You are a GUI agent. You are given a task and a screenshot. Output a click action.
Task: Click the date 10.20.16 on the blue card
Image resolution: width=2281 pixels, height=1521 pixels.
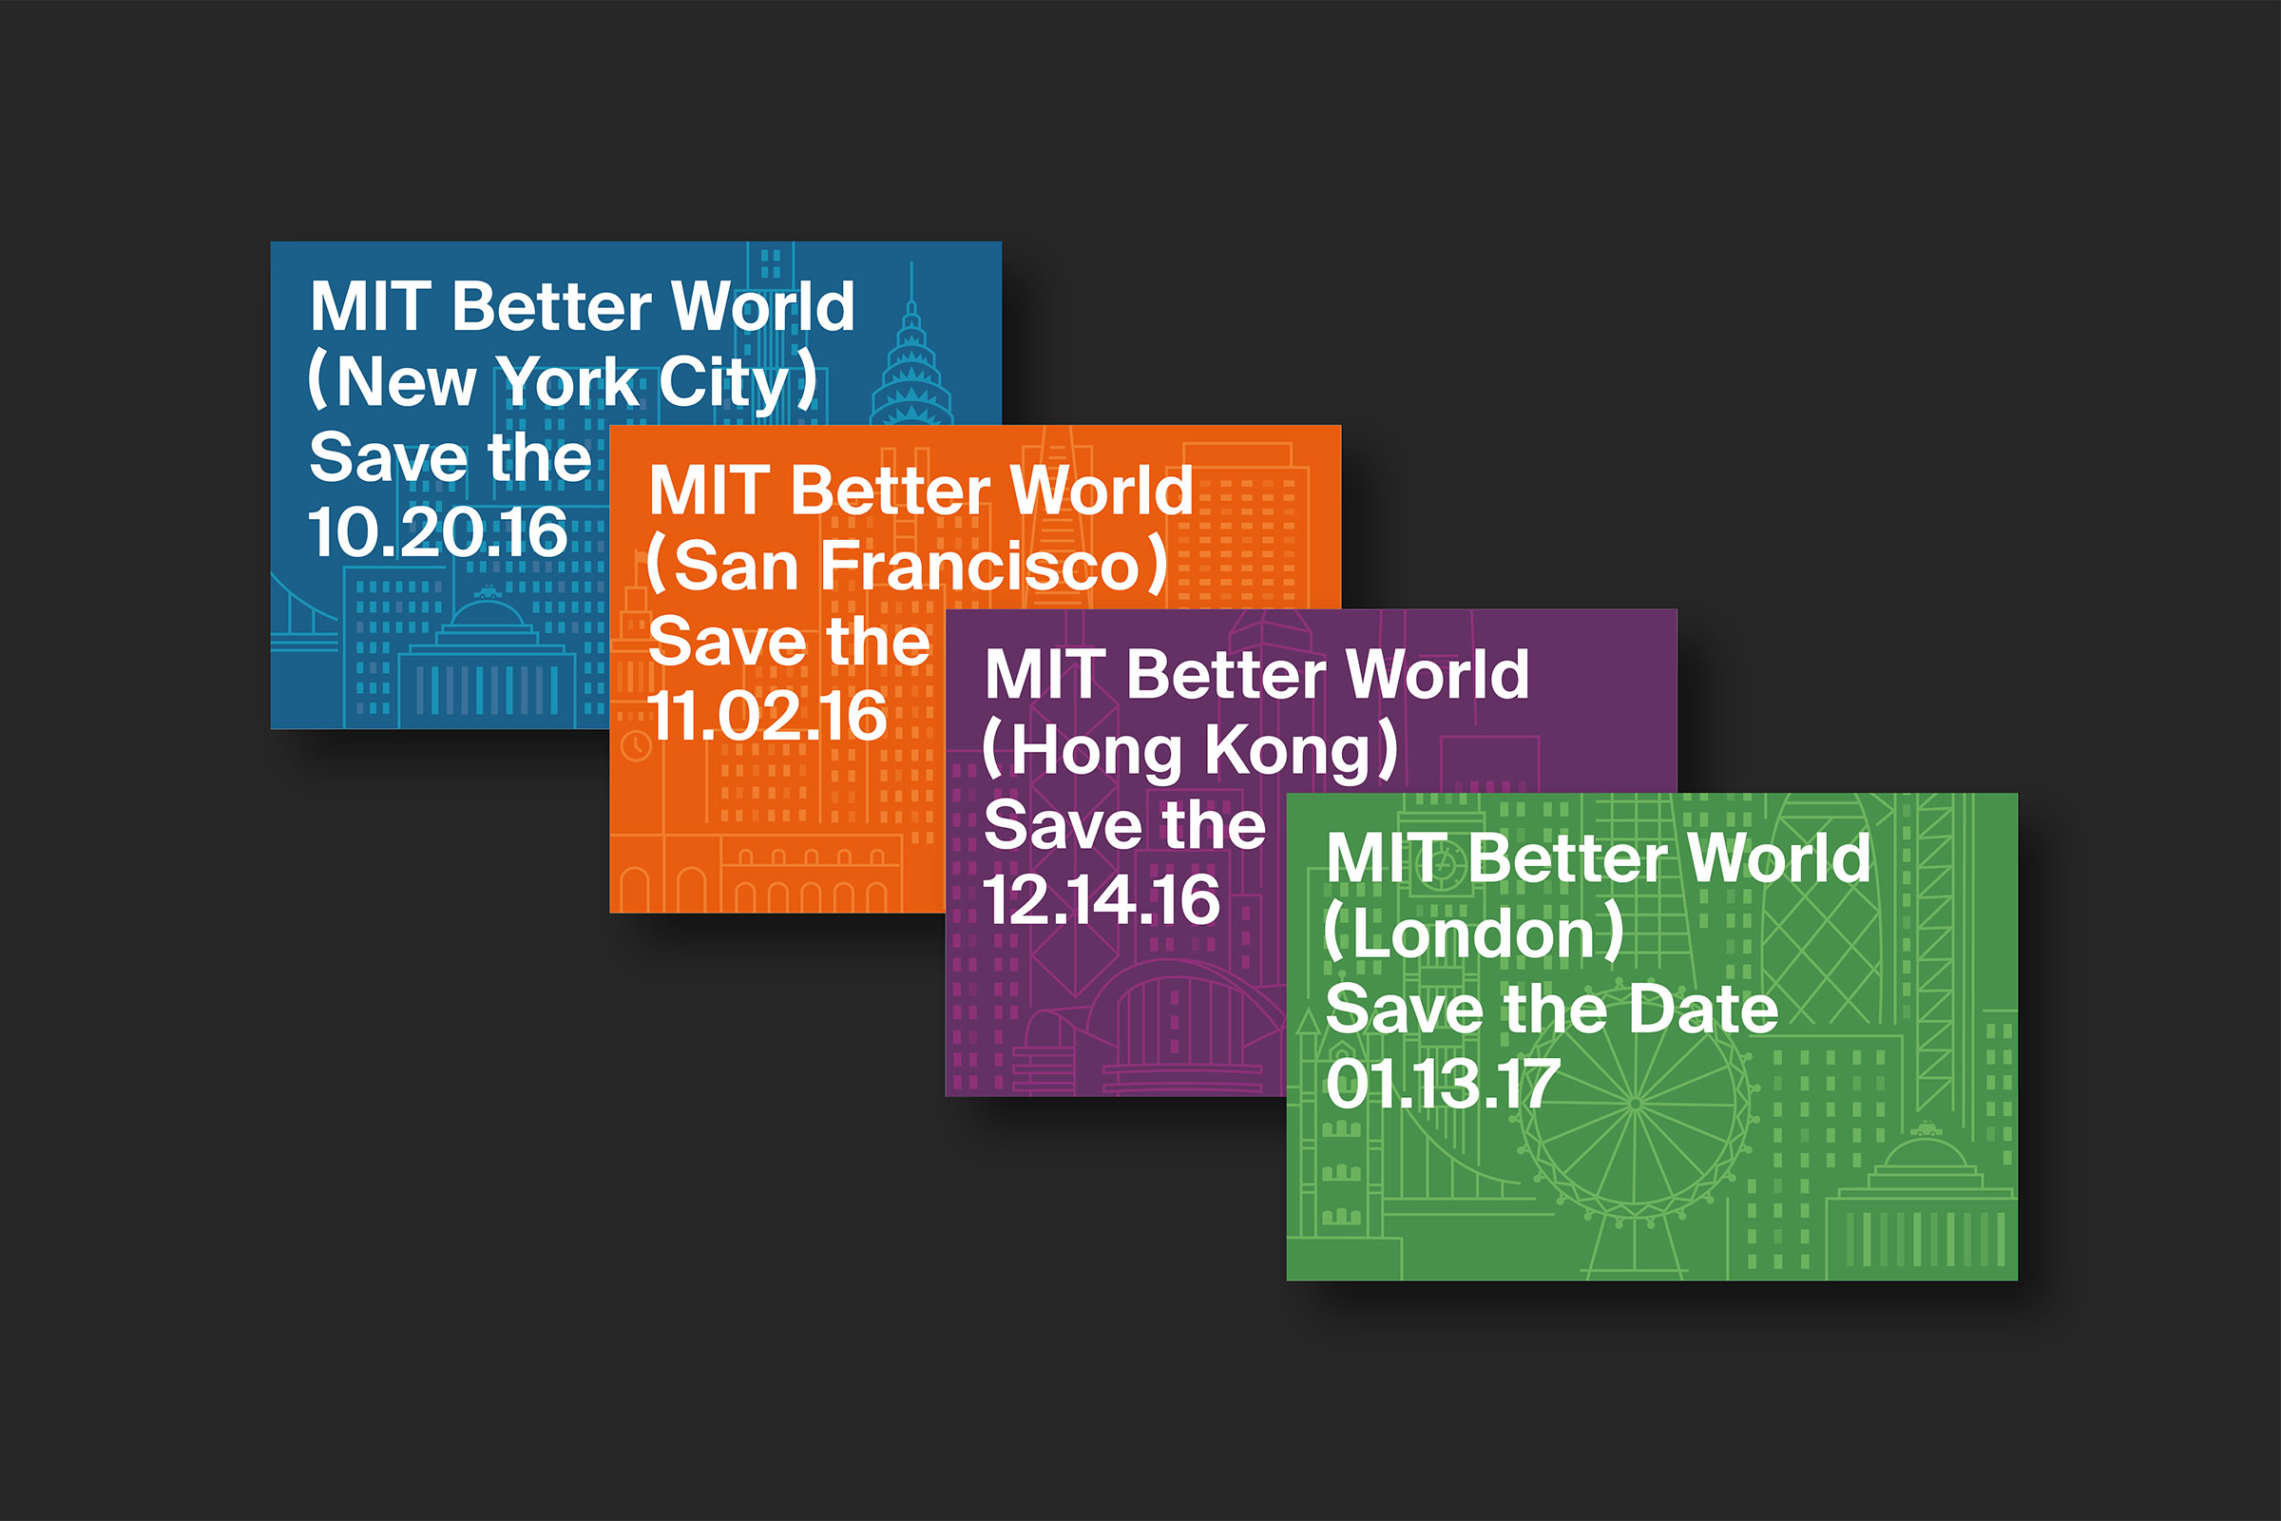click(x=437, y=532)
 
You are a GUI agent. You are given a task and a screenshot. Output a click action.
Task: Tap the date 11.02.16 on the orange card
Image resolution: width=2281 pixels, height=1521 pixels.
click(x=767, y=717)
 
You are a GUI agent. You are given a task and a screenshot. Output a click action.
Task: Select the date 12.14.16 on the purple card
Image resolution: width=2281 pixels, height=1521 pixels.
click(x=1102, y=900)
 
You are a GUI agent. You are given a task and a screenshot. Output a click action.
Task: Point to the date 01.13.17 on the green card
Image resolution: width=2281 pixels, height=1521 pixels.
click(x=1443, y=1084)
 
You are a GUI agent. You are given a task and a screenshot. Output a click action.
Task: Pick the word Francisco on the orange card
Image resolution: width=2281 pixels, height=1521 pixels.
click(x=980, y=566)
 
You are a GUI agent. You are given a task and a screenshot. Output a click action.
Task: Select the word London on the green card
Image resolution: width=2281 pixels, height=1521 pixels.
click(x=1473, y=934)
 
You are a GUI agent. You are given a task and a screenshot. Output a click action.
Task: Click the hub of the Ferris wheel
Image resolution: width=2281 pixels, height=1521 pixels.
click(x=1635, y=1104)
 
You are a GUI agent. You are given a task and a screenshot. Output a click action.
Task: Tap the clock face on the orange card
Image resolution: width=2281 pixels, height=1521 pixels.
click(x=635, y=746)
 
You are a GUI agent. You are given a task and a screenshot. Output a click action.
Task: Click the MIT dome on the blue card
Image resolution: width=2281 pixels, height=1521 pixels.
click(x=487, y=617)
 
